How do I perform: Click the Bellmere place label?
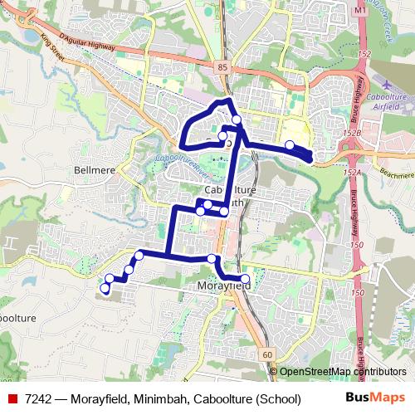(x=97, y=169)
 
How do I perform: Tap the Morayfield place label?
(x=226, y=286)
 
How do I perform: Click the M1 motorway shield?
(x=359, y=10)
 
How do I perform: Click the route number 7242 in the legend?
(x=40, y=398)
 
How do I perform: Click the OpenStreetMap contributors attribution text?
(x=343, y=372)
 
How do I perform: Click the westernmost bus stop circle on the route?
(x=105, y=289)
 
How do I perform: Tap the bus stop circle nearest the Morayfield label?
(x=245, y=279)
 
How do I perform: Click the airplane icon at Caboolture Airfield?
(x=381, y=85)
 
